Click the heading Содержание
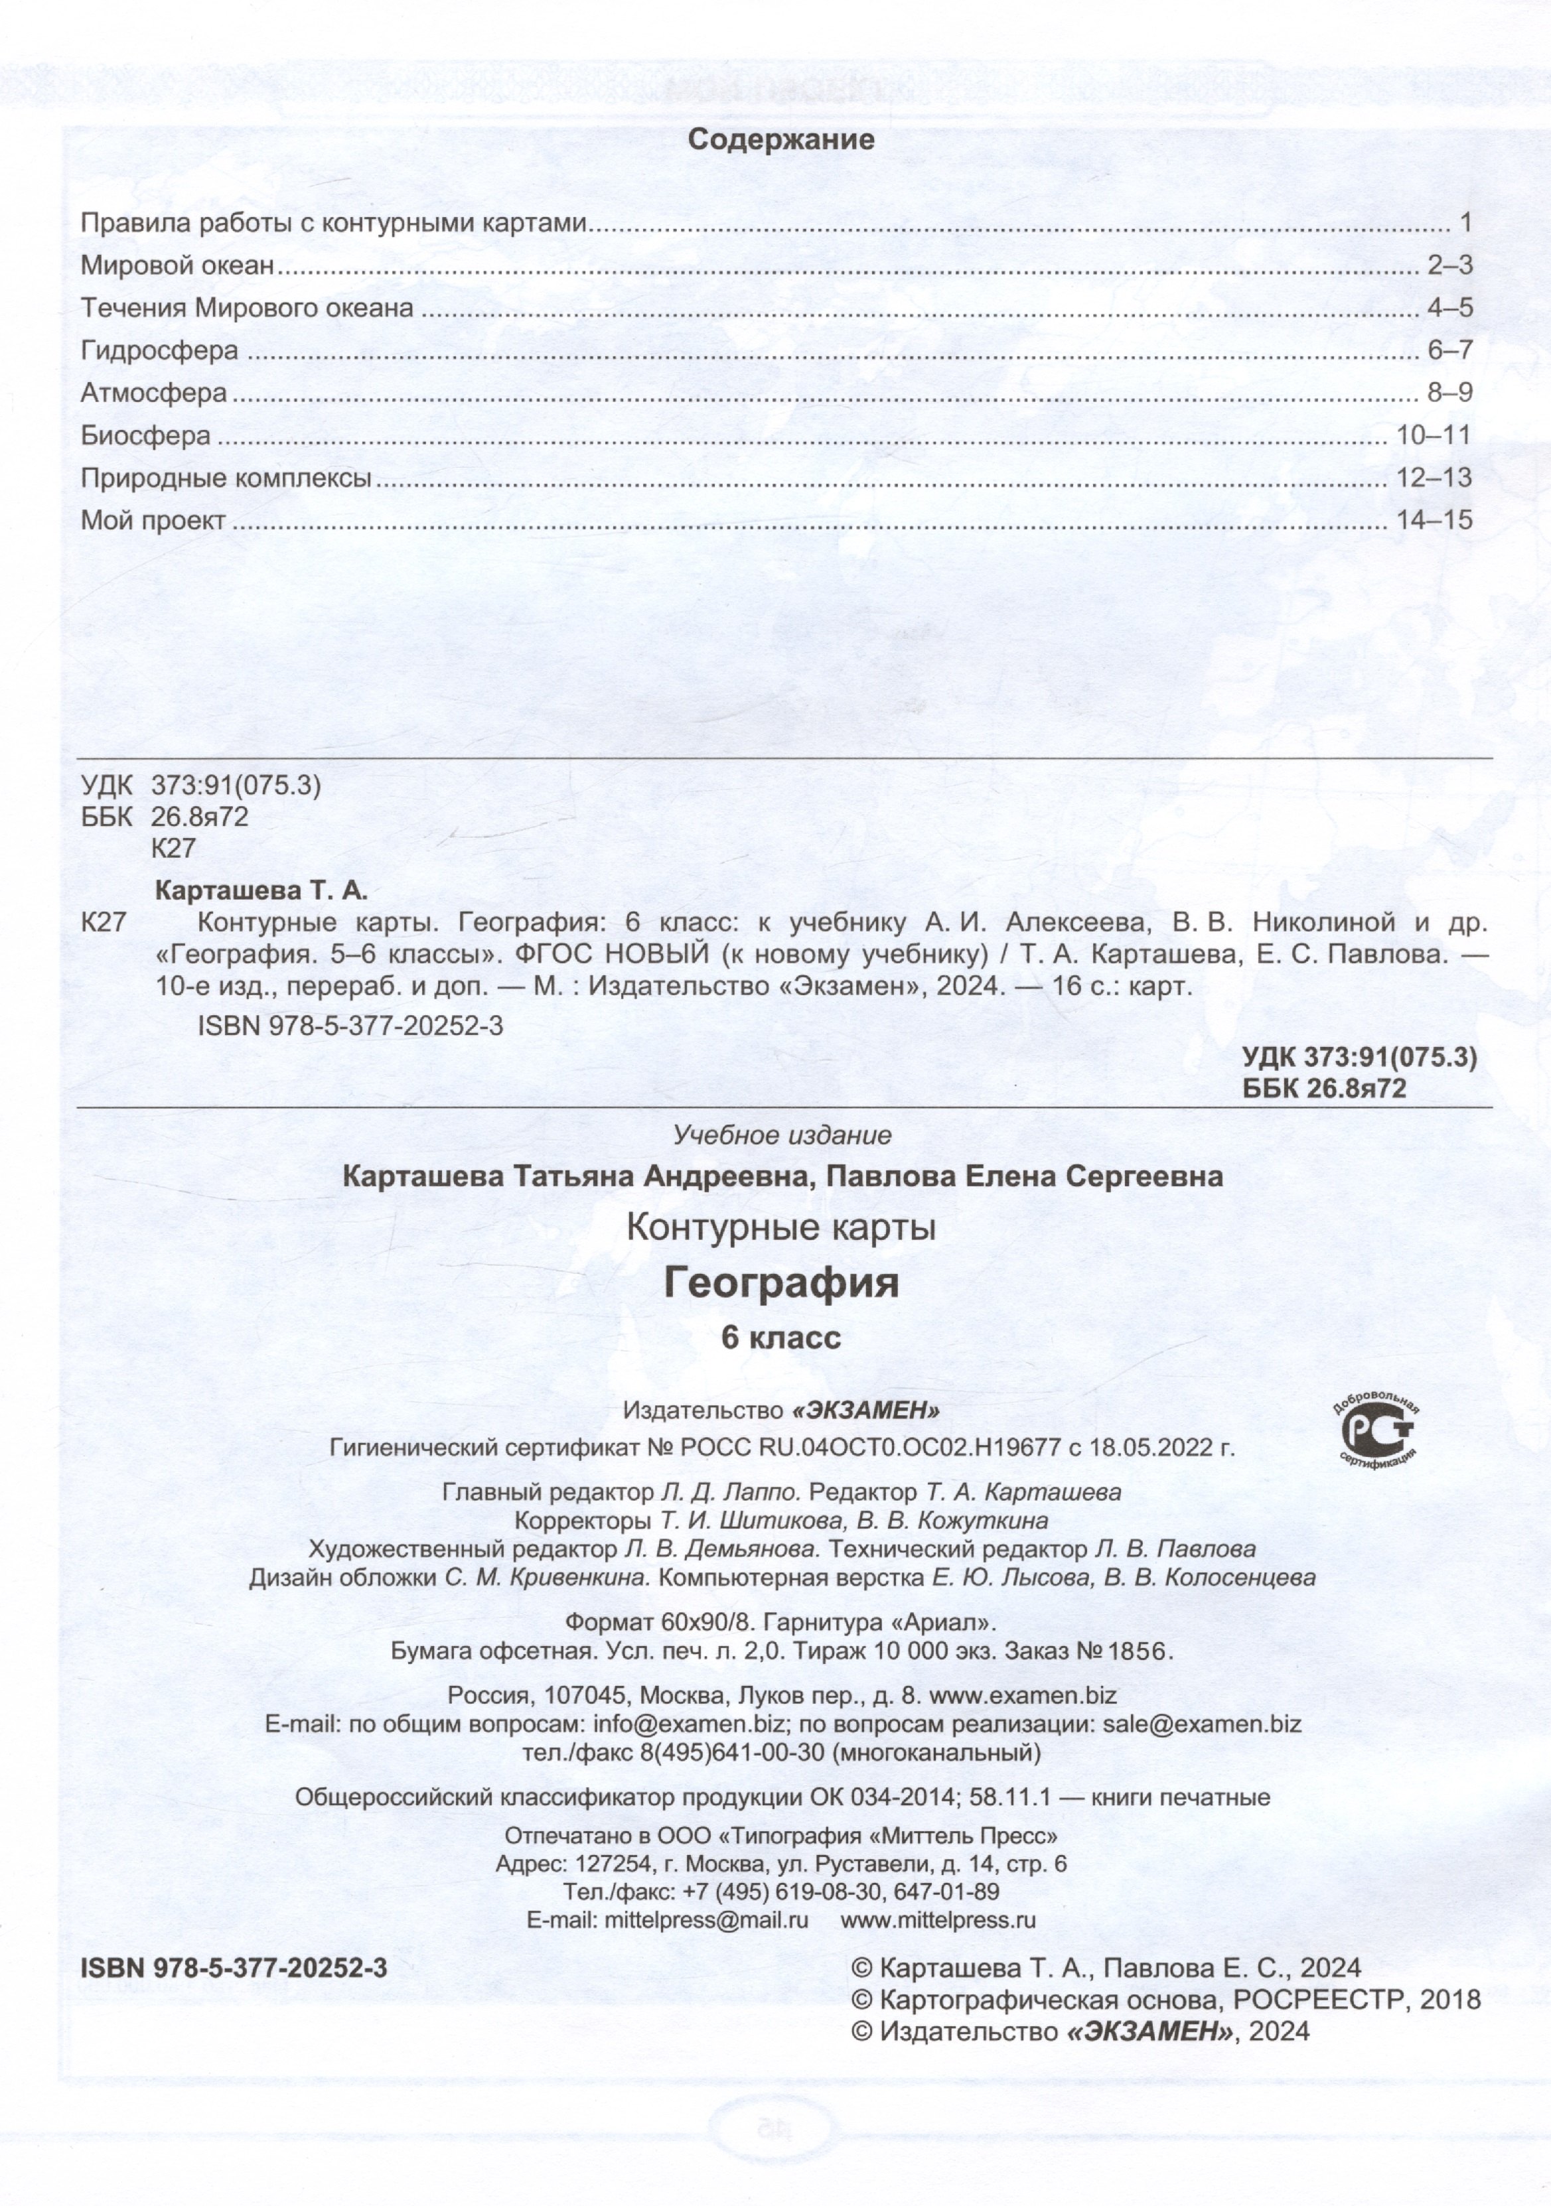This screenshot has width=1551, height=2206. click(781, 140)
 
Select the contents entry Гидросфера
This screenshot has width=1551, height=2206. click(159, 351)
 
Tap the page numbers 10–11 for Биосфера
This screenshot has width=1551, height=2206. click(1434, 435)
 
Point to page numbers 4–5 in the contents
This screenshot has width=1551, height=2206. click(1449, 309)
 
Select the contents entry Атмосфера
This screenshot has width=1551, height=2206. click(154, 393)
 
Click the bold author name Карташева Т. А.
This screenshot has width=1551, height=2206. click(261, 890)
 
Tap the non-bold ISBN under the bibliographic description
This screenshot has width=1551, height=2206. click(350, 1025)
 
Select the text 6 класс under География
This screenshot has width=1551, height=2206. click(781, 1338)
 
